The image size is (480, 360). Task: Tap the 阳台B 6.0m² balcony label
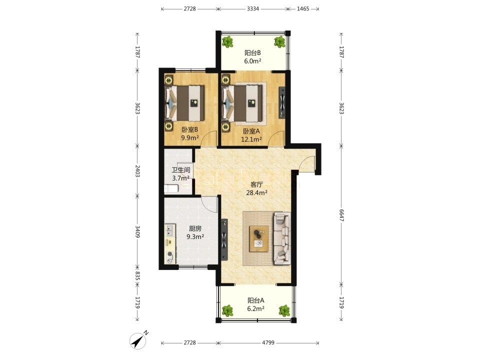tap(252, 57)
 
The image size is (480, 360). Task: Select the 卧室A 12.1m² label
tap(251, 135)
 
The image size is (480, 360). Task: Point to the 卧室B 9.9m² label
tap(190, 133)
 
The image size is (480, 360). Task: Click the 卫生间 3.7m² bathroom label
tap(180, 173)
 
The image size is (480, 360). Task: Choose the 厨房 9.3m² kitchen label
tap(195, 232)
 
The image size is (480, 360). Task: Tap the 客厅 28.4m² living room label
tap(257, 188)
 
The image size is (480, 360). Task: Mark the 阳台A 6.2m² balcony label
tap(256, 304)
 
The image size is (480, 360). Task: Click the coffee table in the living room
tap(258, 239)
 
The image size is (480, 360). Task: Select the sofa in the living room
tap(282, 238)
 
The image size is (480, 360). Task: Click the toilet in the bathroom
tap(171, 188)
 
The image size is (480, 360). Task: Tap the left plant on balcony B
tap(227, 42)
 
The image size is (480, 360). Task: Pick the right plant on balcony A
tap(284, 310)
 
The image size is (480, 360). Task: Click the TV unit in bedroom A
tap(282, 102)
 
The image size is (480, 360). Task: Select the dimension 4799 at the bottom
tap(268, 342)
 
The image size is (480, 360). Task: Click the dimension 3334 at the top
tap(253, 9)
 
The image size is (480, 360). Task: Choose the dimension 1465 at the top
tap(303, 9)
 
